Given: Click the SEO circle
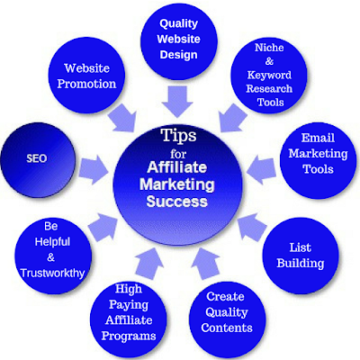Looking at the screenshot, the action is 38,159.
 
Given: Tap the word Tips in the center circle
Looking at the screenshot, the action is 178,136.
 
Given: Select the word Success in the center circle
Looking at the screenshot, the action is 177,202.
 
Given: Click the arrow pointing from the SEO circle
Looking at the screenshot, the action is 94,169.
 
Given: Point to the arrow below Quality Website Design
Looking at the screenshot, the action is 177,102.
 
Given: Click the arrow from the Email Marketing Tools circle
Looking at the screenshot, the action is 261,170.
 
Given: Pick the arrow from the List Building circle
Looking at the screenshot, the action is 251,227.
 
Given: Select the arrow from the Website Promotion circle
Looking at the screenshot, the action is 122,118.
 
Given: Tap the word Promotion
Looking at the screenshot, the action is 86,84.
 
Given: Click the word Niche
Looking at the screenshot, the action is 269,48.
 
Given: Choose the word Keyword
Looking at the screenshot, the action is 269,75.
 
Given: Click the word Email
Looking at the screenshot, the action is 318,138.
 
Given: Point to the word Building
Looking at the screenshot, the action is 301,263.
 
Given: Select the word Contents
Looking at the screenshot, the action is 227,328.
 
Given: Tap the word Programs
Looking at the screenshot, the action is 129,337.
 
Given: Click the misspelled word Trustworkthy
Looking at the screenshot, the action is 52,274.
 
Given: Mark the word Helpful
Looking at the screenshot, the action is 52,242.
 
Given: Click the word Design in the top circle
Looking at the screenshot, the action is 178,55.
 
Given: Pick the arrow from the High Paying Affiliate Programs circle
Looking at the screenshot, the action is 149,263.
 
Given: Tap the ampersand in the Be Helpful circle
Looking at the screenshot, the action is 51,257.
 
